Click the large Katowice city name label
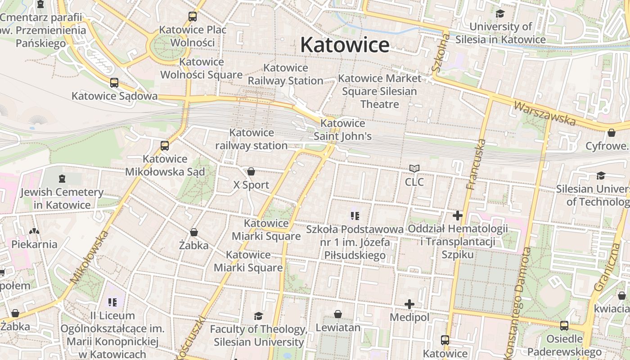[345, 45]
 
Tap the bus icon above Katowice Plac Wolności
[193, 17]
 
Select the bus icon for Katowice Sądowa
[114, 83]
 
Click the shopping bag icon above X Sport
[251, 171]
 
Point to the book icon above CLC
[414, 169]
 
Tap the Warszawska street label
[544, 113]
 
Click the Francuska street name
[476, 164]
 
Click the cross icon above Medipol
[409, 304]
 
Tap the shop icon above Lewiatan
[338, 314]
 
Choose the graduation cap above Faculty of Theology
[258, 316]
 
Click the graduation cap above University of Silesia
[500, 13]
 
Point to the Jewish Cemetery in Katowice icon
[62, 179]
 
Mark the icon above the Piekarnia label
[34, 231]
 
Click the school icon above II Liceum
[112, 302]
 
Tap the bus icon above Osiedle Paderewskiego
[564, 325]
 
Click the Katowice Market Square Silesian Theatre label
[379, 91]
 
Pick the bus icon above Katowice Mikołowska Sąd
[165, 145]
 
